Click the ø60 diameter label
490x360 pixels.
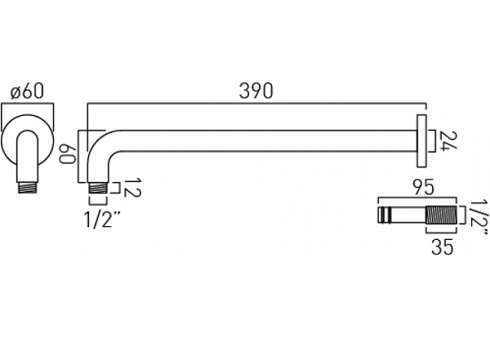pyautogui.click(x=27, y=91)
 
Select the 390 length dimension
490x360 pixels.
pyautogui.click(x=256, y=91)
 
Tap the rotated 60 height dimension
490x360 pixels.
pyautogui.click(x=68, y=154)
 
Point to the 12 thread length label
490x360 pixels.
pyautogui.click(x=133, y=188)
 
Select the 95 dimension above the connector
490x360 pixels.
pyautogui.click(x=423, y=188)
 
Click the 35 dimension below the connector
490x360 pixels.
pyautogui.click(x=442, y=247)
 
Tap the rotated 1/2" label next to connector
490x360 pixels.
pyautogui.click(x=479, y=217)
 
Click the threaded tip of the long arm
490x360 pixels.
pyautogui.click(x=99, y=189)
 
